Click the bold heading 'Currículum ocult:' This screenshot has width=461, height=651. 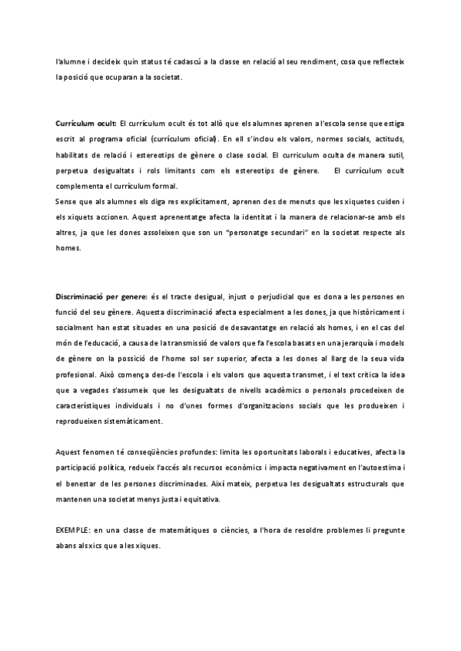pyautogui.click(x=85, y=123)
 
